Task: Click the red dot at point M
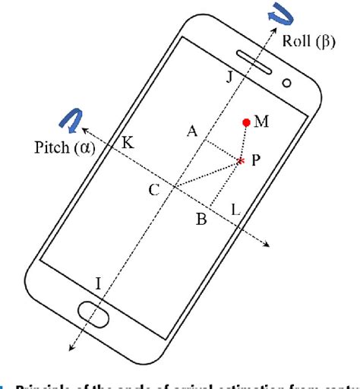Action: pos(246,122)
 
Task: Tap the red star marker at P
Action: pos(242,161)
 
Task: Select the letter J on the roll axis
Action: pos(231,76)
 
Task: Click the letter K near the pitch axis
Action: pos(128,142)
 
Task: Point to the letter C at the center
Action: pos(154,190)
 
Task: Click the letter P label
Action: pos(257,162)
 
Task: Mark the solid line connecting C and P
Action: pos(207,174)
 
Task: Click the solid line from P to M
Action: pos(244,141)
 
